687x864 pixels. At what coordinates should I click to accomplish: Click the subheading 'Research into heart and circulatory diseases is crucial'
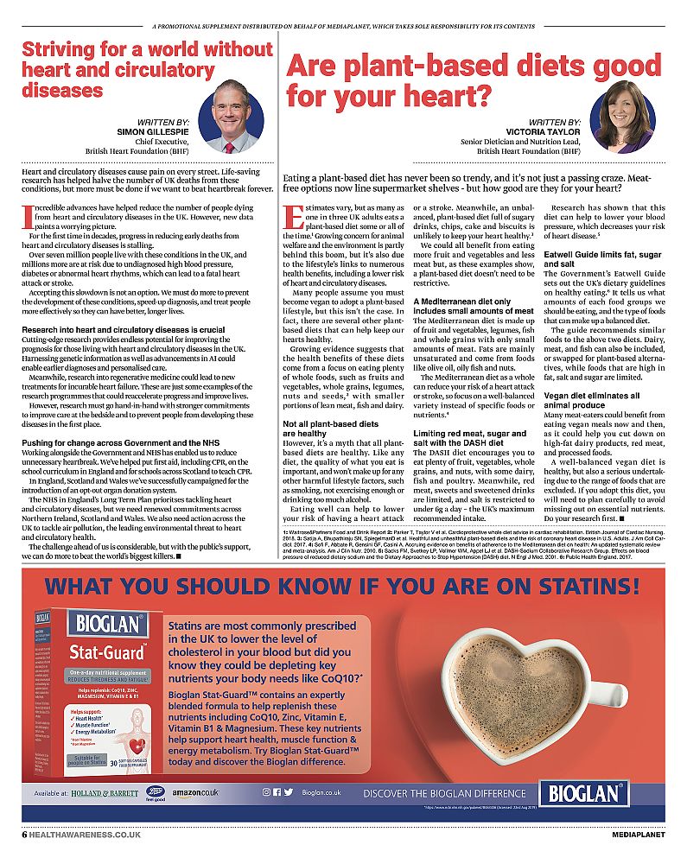(x=123, y=329)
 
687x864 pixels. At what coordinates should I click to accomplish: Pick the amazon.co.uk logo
(x=194, y=791)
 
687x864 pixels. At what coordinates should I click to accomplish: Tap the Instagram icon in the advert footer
(x=266, y=791)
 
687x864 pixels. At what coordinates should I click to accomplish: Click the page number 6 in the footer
(x=25, y=835)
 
